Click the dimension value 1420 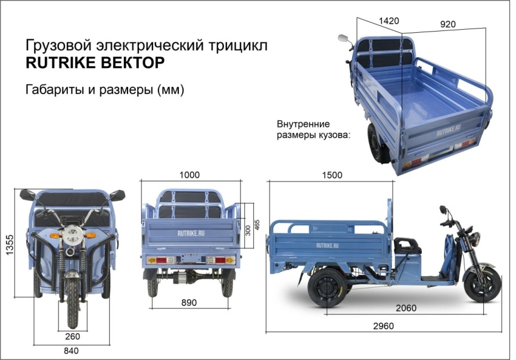coord(388,21)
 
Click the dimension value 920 coord(447,24)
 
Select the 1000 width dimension coord(189,175)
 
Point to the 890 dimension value coord(189,303)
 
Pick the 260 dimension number coord(72,336)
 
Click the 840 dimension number coord(71,351)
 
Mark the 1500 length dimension coord(331,175)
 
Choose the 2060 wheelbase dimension coord(405,308)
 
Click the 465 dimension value coord(257,226)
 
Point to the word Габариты coord(52,90)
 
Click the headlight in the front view coord(72,234)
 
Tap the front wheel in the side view coord(481,284)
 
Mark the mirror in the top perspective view coord(344,38)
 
